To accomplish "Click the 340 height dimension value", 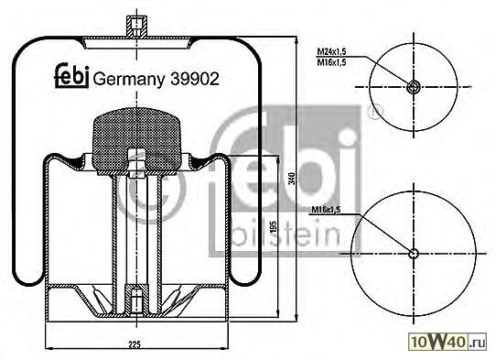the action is pos(292,179).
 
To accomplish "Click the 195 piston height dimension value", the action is pos(275,226).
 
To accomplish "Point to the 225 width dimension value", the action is pos(135,344).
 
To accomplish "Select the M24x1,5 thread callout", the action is pos(332,51).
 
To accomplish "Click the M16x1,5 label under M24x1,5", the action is pos(332,62).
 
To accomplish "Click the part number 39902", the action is pos(195,79).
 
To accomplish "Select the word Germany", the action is pos(129,80).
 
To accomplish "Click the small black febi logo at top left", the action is pos(71,76).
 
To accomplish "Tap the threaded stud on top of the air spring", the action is pos(136,26).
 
